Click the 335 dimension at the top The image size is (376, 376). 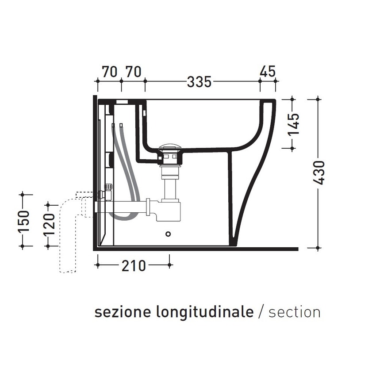point(200,82)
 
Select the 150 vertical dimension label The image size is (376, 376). point(24,220)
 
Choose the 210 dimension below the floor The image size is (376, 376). point(133,265)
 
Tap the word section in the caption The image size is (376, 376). point(294,312)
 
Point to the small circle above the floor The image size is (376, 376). point(168,233)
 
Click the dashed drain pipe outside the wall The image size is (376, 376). point(67,234)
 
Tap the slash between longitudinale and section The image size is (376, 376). point(261,312)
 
